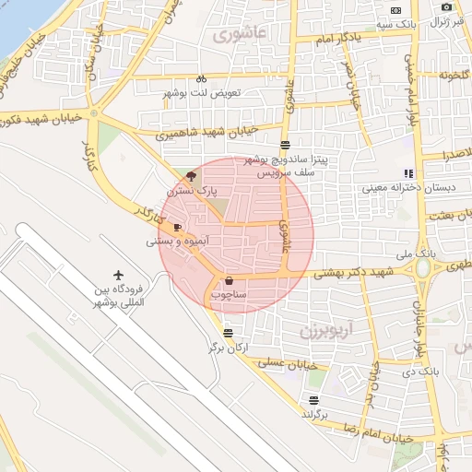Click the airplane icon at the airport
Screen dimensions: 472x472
pyautogui.click(x=118, y=275)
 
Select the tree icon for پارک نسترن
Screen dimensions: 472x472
pyautogui.click(x=191, y=175)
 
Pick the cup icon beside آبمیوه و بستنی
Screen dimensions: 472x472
pyautogui.click(x=177, y=227)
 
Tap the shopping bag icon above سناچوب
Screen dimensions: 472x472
pyautogui.click(x=229, y=280)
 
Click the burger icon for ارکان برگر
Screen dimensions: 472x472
pyautogui.click(x=228, y=333)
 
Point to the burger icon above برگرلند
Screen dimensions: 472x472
pyautogui.click(x=314, y=400)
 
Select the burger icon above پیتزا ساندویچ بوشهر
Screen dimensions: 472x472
pyautogui.click(x=285, y=144)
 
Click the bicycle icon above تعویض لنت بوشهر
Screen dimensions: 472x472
pyautogui.click(x=201, y=78)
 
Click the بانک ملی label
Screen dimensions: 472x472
pyautogui.click(x=414, y=253)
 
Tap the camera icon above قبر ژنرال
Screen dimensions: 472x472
pyautogui.click(x=447, y=7)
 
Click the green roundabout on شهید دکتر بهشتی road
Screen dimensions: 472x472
pyautogui.click(x=423, y=268)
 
